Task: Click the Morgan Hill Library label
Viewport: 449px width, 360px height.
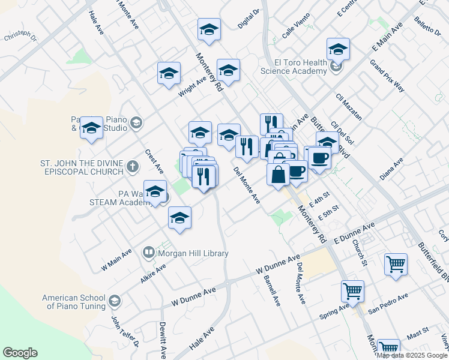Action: (193, 253)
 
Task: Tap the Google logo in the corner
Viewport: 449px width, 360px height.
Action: (20, 353)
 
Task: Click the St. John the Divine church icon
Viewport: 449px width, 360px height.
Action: (133, 167)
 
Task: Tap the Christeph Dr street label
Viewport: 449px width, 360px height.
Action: (20, 37)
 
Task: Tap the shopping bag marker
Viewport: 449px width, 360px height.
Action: (279, 175)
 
